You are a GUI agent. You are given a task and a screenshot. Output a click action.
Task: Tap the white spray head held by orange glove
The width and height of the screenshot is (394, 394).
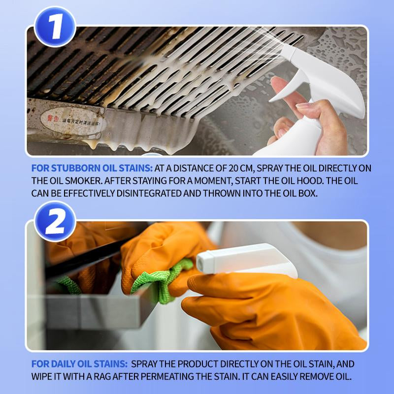246,261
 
